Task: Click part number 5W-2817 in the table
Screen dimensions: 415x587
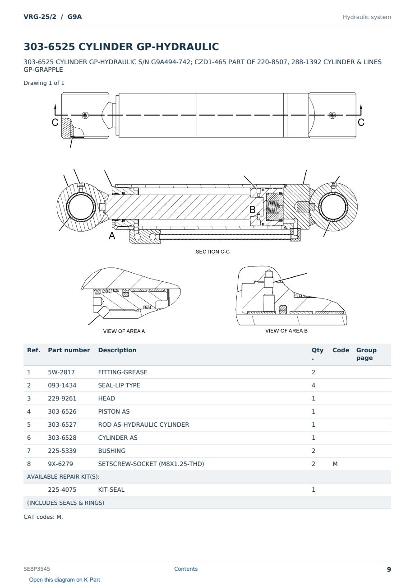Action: (61, 372)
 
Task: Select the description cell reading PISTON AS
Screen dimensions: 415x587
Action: (114, 411)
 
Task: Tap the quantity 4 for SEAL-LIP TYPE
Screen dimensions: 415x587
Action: (314, 385)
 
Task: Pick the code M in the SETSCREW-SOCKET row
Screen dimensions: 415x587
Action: (335, 464)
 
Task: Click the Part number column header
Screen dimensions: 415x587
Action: (69, 350)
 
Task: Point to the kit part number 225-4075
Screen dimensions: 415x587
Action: (62, 489)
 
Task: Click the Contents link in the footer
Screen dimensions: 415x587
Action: (186, 569)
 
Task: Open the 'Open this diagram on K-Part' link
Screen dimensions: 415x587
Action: (65, 580)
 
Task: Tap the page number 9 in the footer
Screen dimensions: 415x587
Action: (389, 569)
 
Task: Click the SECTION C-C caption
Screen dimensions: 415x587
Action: (212, 252)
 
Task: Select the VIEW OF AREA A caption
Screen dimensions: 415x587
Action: (124, 331)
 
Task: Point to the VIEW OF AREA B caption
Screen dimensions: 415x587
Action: (286, 331)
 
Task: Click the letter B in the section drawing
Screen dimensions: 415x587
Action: (253, 210)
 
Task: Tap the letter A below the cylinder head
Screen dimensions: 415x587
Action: (112, 236)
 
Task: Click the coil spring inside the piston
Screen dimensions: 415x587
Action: (272, 207)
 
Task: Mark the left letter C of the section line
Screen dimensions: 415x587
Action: (55, 122)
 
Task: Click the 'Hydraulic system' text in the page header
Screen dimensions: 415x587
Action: (367, 17)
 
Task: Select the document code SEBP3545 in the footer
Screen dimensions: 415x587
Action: (37, 569)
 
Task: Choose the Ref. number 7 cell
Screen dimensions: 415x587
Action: (29, 451)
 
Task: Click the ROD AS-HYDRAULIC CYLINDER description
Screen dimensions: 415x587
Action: (143, 424)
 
